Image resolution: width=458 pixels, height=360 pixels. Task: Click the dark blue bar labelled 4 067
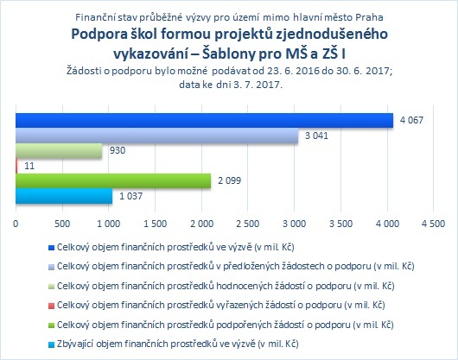click(x=204, y=120)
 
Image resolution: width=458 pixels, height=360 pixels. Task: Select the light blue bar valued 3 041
click(x=157, y=136)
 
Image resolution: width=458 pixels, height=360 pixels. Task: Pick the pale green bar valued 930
click(x=59, y=150)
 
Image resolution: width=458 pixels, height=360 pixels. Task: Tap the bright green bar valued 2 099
click(x=113, y=180)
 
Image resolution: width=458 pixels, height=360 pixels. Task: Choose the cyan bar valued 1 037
click(x=64, y=196)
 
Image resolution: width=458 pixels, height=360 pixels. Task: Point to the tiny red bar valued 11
click(x=16, y=166)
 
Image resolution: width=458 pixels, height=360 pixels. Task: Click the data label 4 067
click(x=411, y=120)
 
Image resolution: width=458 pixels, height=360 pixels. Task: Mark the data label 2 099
click(x=230, y=180)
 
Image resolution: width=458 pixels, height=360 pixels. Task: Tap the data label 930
click(x=118, y=150)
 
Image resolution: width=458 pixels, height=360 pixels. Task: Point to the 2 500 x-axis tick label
click(x=248, y=224)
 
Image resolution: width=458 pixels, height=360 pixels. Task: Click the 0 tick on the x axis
click(x=16, y=224)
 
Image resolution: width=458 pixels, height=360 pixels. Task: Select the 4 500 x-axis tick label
click(x=434, y=224)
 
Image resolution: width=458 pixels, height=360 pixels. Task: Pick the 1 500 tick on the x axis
click(x=155, y=224)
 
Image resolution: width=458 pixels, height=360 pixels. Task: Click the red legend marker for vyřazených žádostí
click(x=51, y=306)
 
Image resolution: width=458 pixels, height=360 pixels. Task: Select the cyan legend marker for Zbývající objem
click(x=51, y=344)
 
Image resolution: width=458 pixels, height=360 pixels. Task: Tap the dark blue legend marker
click(x=51, y=248)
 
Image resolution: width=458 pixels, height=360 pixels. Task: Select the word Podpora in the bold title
click(x=99, y=35)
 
